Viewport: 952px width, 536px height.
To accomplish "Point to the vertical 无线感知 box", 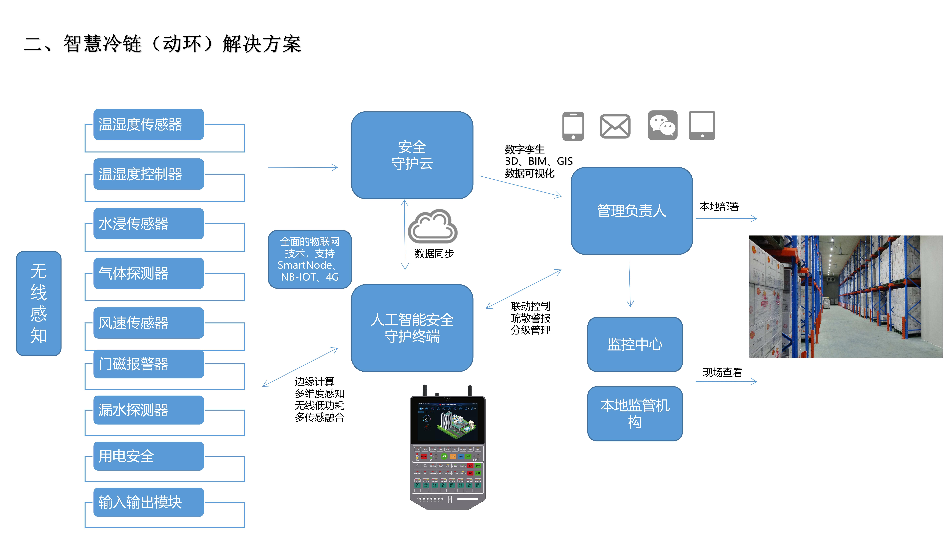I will (38, 303).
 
